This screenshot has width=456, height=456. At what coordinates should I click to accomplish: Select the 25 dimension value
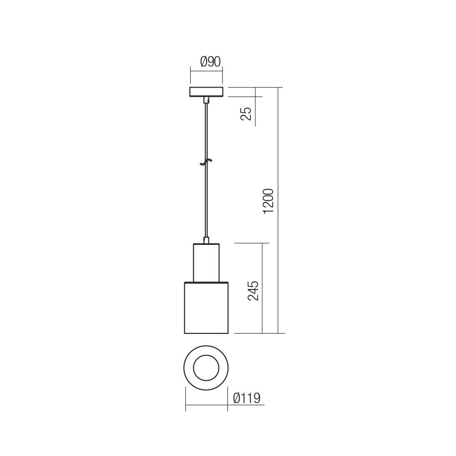pyautogui.click(x=246, y=113)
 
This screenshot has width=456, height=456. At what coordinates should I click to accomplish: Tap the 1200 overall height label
pyautogui.click(x=269, y=201)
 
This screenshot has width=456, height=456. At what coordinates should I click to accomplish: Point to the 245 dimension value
pyautogui.click(x=254, y=290)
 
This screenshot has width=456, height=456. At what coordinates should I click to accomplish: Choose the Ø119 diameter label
pyautogui.click(x=246, y=398)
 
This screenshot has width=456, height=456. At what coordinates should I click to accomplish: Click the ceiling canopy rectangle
pyautogui.click(x=206, y=92)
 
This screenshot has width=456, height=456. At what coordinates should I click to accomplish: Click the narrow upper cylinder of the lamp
pyautogui.click(x=206, y=263)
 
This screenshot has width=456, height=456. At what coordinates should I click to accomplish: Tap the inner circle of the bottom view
pyautogui.click(x=206, y=368)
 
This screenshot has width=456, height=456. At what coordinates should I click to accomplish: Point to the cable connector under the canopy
pyautogui.click(x=206, y=100)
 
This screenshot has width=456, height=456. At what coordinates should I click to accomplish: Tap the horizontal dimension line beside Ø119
pyautogui.click(x=206, y=404)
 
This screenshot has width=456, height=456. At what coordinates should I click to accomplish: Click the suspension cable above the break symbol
pyautogui.click(x=206, y=132)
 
